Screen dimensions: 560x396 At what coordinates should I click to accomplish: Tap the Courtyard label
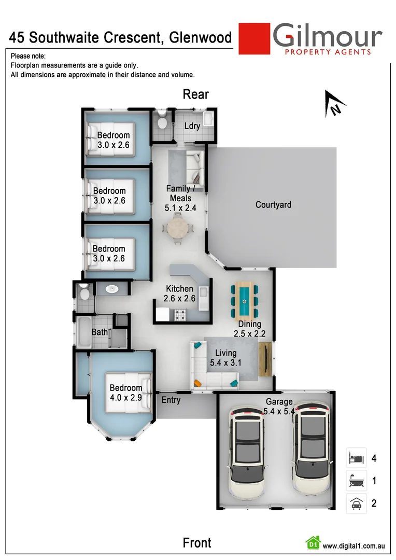[273, 205]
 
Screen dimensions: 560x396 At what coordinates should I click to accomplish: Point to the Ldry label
[192, 126]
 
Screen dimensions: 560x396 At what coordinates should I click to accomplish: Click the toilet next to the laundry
[162, 121]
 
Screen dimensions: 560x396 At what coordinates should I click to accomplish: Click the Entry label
[171, 400]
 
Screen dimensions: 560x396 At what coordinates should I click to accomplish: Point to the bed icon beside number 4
[357, 458]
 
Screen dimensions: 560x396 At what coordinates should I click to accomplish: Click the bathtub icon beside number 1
[357, 481]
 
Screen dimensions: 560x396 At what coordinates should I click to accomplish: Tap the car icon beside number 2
[357, 503]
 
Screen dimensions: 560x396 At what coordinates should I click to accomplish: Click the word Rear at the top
[195, 94]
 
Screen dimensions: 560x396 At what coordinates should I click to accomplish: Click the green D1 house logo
[313, 543]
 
